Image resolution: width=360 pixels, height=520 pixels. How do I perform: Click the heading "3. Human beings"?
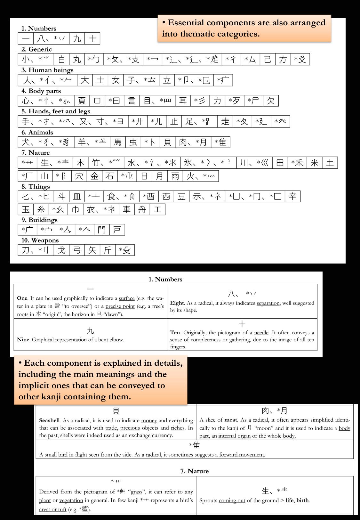[47, 70]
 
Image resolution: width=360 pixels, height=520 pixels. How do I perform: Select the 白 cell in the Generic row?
[61, 60]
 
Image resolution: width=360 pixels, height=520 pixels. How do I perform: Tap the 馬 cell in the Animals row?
[117, 142]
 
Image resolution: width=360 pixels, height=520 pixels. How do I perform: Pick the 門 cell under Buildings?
[102, 230]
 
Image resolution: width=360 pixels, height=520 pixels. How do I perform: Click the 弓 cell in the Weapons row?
[77, 250]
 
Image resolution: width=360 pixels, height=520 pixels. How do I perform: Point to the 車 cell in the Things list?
[127, 209]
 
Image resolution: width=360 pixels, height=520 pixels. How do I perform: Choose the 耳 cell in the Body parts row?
[183, 101]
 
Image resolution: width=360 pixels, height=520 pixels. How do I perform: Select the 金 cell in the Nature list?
[94, 176]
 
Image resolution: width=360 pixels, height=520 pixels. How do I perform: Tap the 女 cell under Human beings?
[116, 80]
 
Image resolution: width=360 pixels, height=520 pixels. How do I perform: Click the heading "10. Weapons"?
[40, 240]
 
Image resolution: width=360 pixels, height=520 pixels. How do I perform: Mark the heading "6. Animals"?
[37, 132]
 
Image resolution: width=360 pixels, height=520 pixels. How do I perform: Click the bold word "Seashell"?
[49, 420]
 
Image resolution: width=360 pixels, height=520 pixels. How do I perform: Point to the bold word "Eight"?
[177, 303]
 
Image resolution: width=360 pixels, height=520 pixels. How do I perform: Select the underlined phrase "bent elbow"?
[110, 340]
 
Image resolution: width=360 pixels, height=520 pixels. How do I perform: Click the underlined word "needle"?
[261, 333]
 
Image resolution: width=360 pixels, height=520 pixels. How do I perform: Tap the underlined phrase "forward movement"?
[242, 455]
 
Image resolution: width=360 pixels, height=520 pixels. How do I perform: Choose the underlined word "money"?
[149, 420]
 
